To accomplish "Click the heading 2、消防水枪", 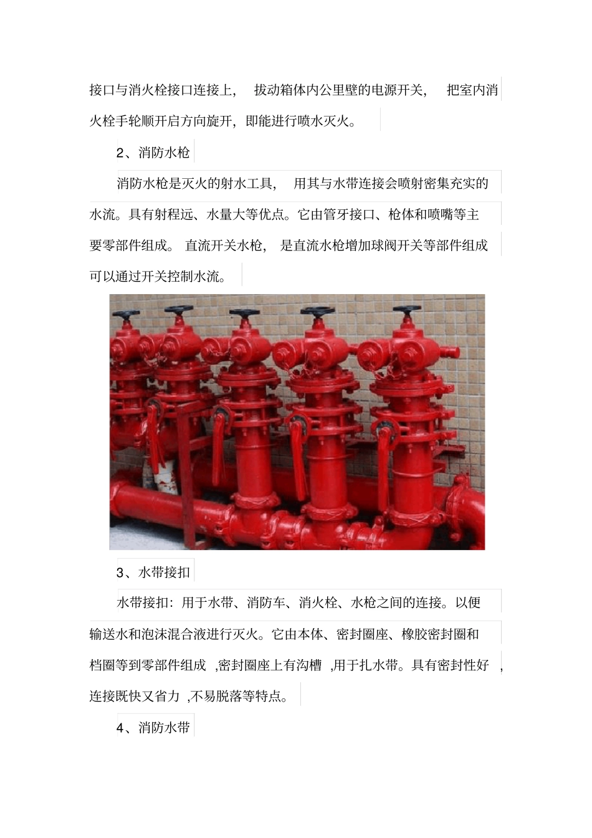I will [x=153, y=152].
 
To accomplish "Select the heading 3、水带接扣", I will [x=153, y=572].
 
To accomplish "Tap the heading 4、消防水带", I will [x=153, y=727].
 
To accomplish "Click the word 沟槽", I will [x=308, y=665].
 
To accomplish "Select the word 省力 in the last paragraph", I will [x=166, y=696].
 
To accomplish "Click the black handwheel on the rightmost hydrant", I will [x=407, y=310].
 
